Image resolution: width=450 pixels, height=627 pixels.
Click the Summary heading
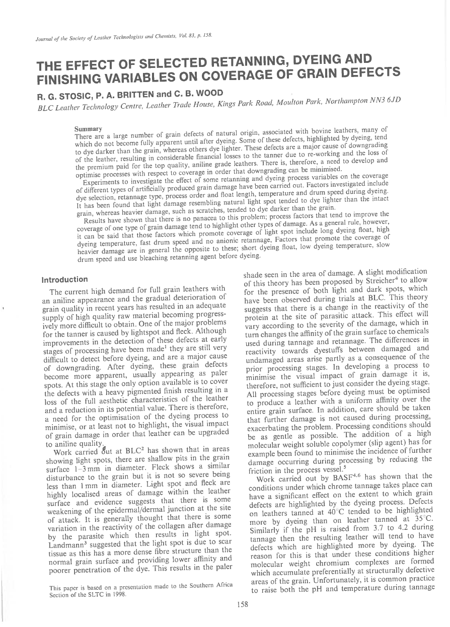tap(88, 129)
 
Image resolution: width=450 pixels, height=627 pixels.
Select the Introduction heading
tap(65, 279)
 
